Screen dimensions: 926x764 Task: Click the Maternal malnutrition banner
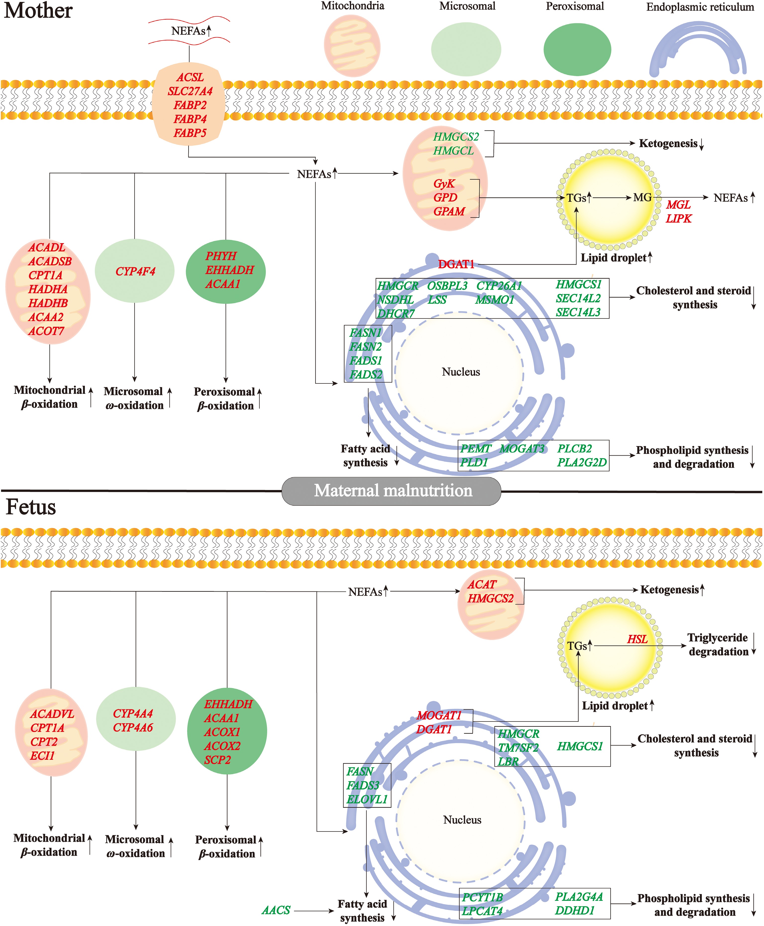tap(391, 491)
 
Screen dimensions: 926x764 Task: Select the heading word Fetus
tap(31, 507)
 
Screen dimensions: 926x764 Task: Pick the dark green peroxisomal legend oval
tap(577, 49)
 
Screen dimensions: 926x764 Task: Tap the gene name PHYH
tap(221, 256)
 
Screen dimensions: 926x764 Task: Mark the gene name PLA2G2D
tap(582, 463)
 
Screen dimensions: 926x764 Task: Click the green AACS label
tap(276, 910)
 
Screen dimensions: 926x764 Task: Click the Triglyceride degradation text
tap(718, 645)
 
